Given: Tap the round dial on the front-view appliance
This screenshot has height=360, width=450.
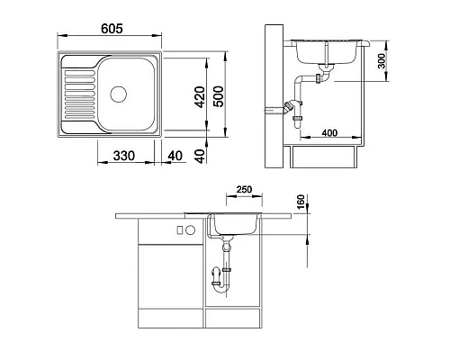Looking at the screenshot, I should [190, 230].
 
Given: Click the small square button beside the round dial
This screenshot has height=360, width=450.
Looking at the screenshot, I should [180, 230].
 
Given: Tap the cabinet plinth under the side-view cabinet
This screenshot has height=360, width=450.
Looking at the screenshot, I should [325, 158].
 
